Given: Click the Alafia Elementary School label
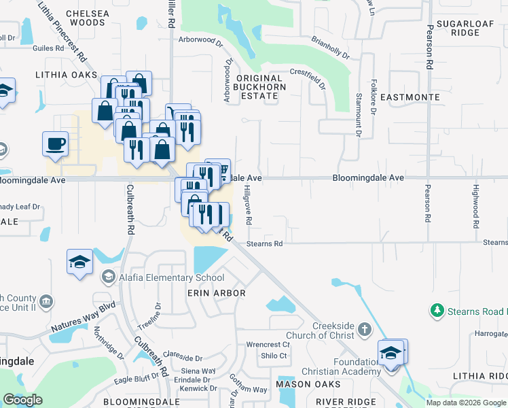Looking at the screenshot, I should coord(171,277).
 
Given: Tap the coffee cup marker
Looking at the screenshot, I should coord(56,143).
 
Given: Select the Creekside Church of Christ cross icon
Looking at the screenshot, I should coord(364,330).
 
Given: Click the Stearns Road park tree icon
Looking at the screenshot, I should coord(437,311).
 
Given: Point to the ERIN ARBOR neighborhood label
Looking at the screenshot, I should coord(216,293).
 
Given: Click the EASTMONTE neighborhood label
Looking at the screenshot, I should coord(410,98).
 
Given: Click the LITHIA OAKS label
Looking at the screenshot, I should coord(67,75).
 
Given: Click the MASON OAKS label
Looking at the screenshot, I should coord(303,384).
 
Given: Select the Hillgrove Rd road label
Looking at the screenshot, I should coord(249,204).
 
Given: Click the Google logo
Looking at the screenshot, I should coord(22,400).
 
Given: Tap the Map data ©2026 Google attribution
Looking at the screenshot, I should coord(465,403).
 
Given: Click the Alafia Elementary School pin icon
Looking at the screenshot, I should coord(108,277).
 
